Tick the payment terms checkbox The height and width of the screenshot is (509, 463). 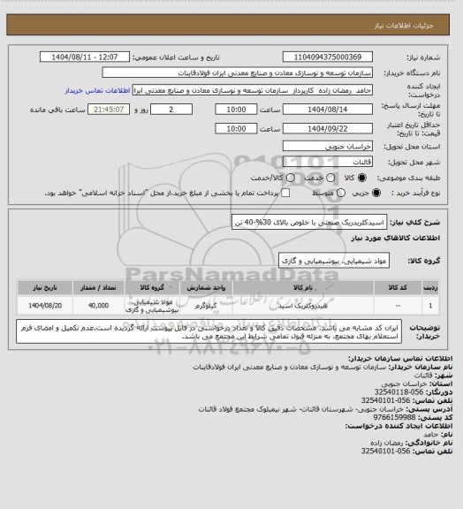285,193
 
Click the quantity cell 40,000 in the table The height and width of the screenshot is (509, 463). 99,305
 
